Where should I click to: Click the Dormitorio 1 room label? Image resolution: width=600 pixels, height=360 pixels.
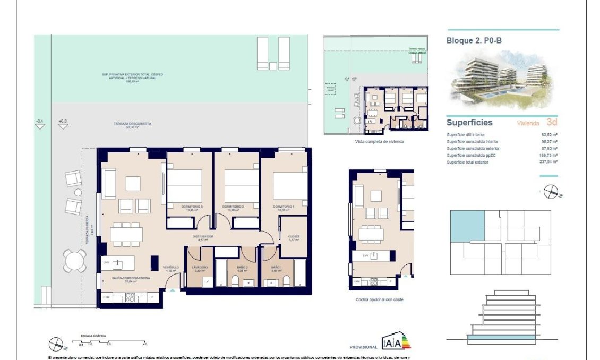click(x=284, y=206)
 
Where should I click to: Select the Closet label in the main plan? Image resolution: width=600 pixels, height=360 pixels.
click(x=294, y=236)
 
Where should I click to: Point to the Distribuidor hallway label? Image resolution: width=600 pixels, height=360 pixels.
click(x=203, y=236)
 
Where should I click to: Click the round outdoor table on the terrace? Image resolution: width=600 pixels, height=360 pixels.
click(x=74, y=261)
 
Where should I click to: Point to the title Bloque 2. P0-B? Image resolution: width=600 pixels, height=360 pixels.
click(x=474, y=40)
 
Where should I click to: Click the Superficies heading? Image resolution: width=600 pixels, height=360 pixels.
click(x=469, y=123)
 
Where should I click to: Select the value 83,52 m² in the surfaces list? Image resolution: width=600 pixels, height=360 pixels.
click(x=549, y=135)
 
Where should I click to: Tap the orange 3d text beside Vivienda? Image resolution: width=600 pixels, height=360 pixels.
click(x=552, y=122)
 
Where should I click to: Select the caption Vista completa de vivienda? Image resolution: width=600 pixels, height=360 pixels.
click(x=380, y=142)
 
